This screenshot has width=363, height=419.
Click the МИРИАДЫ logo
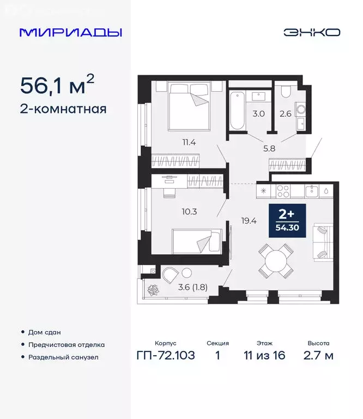[70, 32]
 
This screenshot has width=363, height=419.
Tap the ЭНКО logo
[312, 32]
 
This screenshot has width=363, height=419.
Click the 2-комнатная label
[63, 109]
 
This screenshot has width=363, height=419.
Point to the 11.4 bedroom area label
[189, 143]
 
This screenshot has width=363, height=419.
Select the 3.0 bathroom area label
[258, 114]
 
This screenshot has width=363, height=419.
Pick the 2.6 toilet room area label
[285, 114]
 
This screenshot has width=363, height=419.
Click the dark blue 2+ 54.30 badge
[286, 219]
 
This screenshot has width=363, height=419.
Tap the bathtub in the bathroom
[236, 111]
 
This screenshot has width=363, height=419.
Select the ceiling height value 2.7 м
[318, 356]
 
